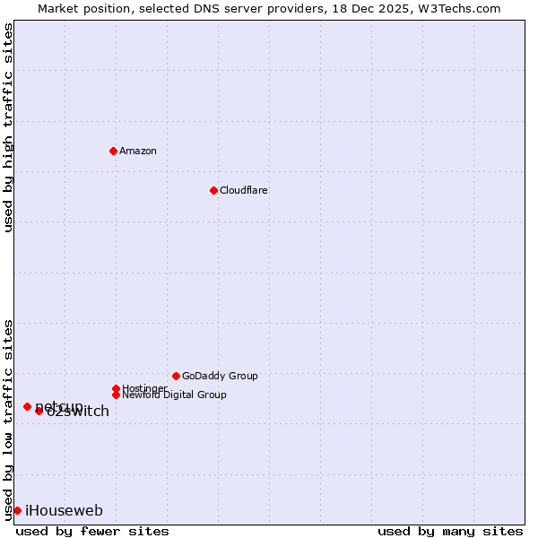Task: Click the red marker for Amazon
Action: pyautogui.click(x=113, y=151)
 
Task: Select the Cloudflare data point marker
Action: pyautogui.click(x=213, y=190)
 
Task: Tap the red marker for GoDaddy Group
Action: pyautogui.click(x=176, y=376)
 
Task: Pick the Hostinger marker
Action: pyautogui.click(x=116, y=388)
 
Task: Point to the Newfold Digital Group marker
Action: pyautogui.click(x=116, y=395)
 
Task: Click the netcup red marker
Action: pyautogui.click(x=27, y=406)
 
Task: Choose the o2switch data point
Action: pyautogui.click(x=39, y=411)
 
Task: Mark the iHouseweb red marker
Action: pyautogui.click(x=17, y=510)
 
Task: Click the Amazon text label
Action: pyautogui.click(x=138, y=151)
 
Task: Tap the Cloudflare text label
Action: pyautogui.click(x=244, y=190)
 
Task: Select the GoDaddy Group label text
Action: pyautogui.click(x=220, y=376)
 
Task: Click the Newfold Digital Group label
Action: pyautogui.click(x=174, y=395)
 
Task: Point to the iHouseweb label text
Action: pyautogui.click(x=64, y=510)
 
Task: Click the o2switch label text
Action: pyautogui.click(x=79, y=412)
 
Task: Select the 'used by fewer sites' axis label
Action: pyautogui.click(x=92, y=531)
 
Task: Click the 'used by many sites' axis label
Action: pyautogui.click(x=450, y=531)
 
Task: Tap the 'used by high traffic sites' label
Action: pyautogui.click(x=8, y=128)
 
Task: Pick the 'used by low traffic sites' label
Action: pyautogui.click(x=8, y=419)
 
